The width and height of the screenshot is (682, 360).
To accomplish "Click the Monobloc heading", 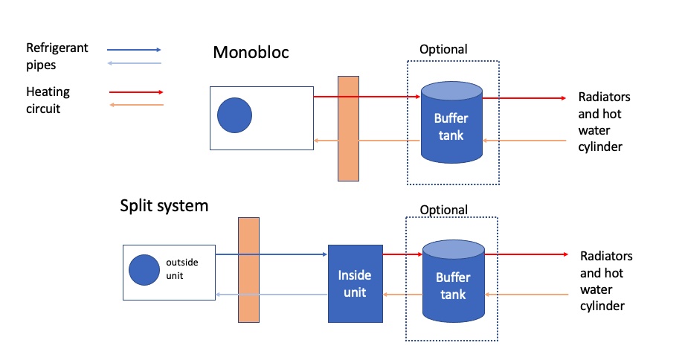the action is (251, 53).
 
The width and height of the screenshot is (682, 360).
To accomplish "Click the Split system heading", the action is (164, 205).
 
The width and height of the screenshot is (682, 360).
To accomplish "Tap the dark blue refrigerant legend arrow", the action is (134, 50).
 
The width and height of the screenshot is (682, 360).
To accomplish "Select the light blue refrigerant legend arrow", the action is (134, 63).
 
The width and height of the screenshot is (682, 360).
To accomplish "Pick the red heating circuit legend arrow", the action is (136, 92).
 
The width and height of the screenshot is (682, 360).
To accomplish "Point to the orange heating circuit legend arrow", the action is (136, 105).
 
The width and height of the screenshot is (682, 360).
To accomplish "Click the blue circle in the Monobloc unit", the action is (234, 115).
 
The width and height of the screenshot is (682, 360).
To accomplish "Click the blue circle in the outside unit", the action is (144, 270).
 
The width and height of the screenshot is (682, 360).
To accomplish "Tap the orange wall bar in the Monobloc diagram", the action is (348, 129).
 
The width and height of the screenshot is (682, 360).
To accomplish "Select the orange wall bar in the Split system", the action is (249, 270).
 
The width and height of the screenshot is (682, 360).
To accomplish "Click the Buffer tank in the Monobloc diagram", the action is (451, 122).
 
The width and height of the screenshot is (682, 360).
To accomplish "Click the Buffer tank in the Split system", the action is (454, 281).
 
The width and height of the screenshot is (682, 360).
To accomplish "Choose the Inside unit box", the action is (356, 284).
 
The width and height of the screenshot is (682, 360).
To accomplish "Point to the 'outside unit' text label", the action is (181, 269).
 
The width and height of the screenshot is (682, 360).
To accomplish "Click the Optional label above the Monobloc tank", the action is (443, 50).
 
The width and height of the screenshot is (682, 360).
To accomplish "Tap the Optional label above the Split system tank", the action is (444, 210).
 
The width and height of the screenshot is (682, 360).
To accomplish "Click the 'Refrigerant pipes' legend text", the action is (57, 56).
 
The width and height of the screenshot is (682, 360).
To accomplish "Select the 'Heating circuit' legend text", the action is (48, 100).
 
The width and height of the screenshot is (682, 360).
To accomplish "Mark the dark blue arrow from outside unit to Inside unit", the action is (271, 254).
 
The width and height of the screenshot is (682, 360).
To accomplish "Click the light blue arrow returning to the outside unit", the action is (271, 295).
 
